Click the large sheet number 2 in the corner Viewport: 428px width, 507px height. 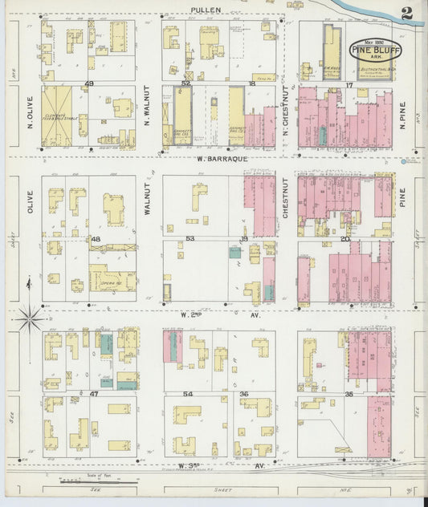click(x=407, y=14)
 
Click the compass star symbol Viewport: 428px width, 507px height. click(x=30, y=318)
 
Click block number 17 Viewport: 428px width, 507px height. click(x=349, y=84)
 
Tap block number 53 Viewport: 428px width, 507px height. click(x=190, y=238)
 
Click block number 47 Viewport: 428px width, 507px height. click(x=94, y=394)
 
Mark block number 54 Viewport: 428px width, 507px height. click(x=188, y=394)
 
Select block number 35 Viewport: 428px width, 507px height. click(x=349, y=394)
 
